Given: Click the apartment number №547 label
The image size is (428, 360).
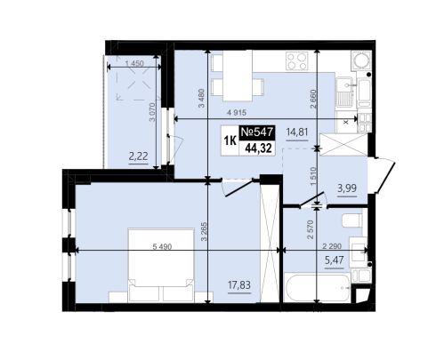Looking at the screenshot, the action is tap(257, 132).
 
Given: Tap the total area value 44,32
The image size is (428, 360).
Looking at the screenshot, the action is tap(258, 148).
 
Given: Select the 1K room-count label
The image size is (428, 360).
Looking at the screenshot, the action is tap(230, 141).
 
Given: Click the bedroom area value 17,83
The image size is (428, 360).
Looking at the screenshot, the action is tap(239, 285).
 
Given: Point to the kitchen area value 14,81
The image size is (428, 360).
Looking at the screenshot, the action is tap(297, 132).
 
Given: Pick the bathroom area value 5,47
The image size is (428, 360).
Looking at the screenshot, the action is tap(335, 260).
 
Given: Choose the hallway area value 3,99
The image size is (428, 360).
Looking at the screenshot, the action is tap(347, 188).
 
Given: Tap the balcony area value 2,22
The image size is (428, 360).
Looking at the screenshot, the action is tap(138, 156).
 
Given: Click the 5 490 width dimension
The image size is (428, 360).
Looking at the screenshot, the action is tap(162, 246).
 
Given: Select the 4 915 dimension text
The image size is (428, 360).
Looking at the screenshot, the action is tap(237, 113).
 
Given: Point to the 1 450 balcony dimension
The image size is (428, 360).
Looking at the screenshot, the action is tap(134, 63).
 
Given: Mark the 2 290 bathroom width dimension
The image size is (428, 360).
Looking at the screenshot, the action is tap(332, 246).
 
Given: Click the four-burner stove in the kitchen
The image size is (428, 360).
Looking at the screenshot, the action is tap(297, 61).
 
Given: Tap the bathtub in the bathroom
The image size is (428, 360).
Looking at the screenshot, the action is tap(317, 287).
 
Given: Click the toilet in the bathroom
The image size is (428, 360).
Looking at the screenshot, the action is tap(352, 220).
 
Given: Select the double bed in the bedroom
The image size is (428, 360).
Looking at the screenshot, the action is tap(161, 265).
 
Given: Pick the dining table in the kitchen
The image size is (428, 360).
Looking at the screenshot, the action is tap(238, 76).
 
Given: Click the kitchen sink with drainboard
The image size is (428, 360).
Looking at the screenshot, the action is tap(344, 92).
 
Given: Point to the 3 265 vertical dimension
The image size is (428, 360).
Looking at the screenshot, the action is tap(204, 231).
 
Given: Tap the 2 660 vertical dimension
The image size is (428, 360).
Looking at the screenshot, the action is tap(313, 99).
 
